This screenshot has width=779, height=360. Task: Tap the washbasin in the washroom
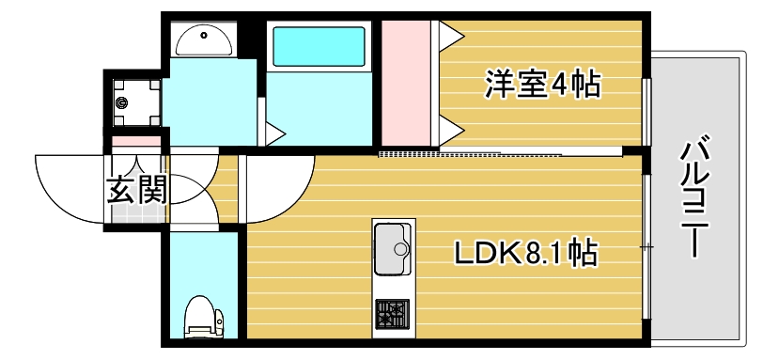203,39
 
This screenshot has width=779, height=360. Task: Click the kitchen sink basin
394,243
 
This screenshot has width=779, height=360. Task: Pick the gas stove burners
392,312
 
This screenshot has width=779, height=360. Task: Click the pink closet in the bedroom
405,83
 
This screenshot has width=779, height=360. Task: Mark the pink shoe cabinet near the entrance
137,142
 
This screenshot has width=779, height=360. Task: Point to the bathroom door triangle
275,133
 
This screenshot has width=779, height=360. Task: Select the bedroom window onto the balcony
646,111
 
